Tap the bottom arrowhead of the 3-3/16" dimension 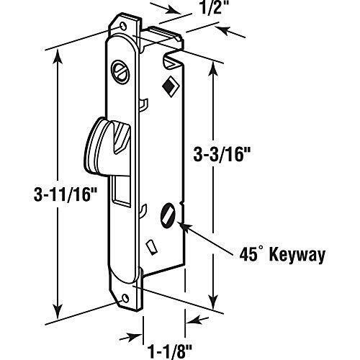click(x=214, y=300)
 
